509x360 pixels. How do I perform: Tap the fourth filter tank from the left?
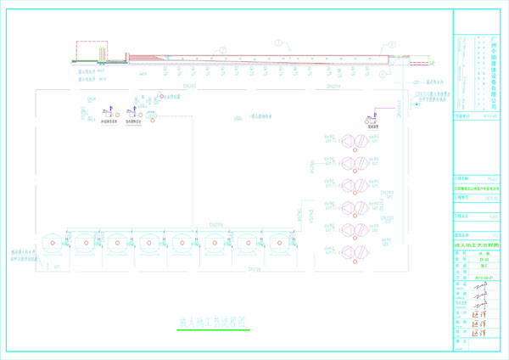(149, 244)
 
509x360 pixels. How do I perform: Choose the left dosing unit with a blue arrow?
(108, 111)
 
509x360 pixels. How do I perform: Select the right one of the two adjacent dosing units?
(134, 111)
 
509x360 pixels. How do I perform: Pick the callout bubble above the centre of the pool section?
(277, 42)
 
